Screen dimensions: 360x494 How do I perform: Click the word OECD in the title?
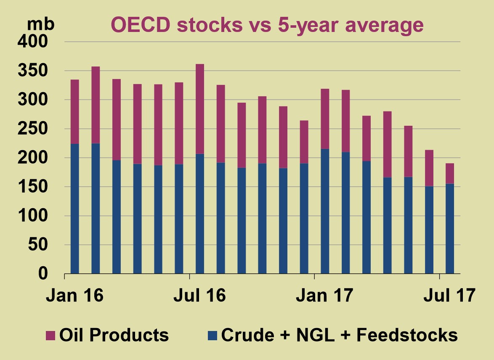[141, 25]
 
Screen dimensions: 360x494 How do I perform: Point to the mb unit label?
[40, 24]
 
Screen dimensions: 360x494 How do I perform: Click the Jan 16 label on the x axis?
[74, 295]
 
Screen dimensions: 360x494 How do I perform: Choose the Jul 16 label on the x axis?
[199, 295]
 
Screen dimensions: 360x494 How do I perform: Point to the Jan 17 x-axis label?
[324, 295]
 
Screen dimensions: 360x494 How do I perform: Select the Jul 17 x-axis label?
[449, 295]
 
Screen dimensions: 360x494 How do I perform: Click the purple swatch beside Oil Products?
[50, 336]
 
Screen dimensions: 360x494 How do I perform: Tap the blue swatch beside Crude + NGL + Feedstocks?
[213, 336]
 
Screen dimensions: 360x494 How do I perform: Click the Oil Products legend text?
[114, 335]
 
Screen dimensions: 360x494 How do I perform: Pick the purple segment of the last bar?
[450, 173]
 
